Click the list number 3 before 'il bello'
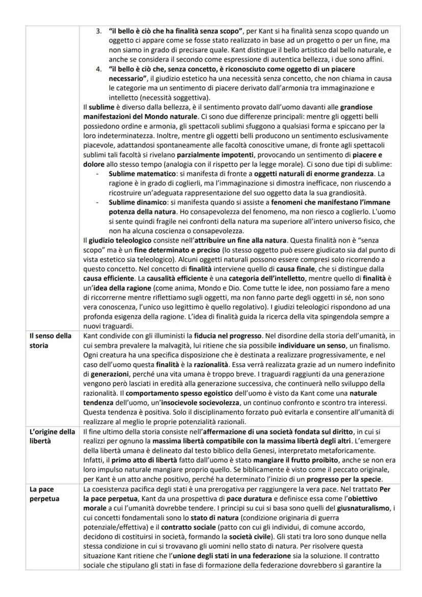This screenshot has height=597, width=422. [99, 32]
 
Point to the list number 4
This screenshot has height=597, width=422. [99, 67]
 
